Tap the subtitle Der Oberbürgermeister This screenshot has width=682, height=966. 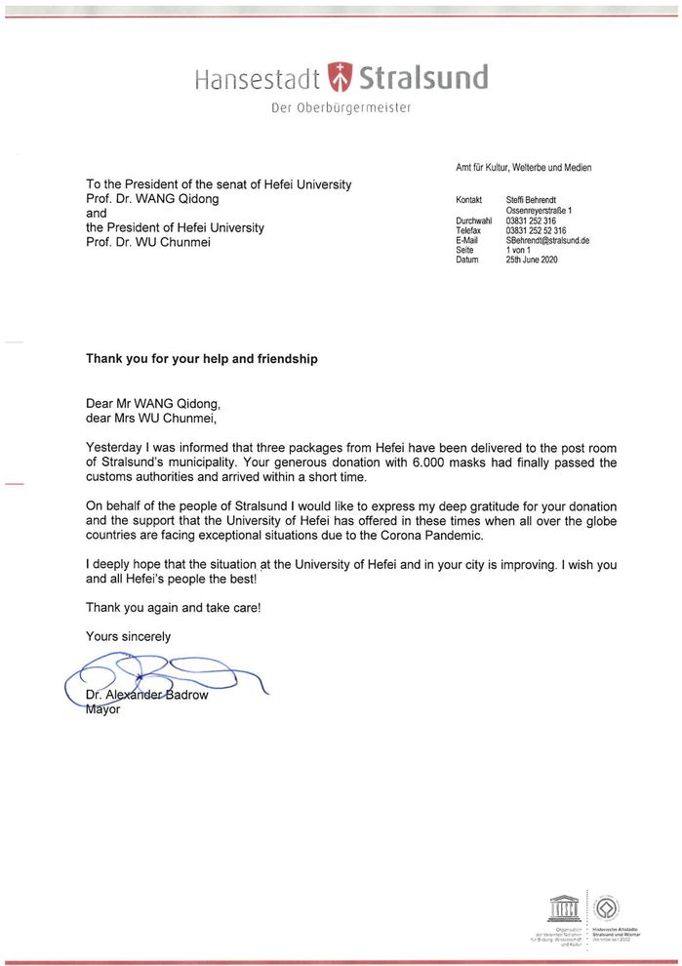[x=341, y=107]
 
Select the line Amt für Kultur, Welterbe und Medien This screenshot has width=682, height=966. [x=523, y=168]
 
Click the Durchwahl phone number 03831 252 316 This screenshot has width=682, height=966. [x=531, y=221]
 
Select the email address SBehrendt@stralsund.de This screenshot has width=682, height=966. [x=547, y=240]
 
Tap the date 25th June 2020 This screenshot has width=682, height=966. [x=532, y=260]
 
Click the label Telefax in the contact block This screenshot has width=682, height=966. [x=469, y=230]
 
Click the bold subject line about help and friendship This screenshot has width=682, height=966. [x=202, y=358]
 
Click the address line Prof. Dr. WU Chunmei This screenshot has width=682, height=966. [x=147, y=242]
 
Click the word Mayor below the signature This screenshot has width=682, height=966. [x=102, y=709]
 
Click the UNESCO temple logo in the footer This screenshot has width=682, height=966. [x=566, y=909]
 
